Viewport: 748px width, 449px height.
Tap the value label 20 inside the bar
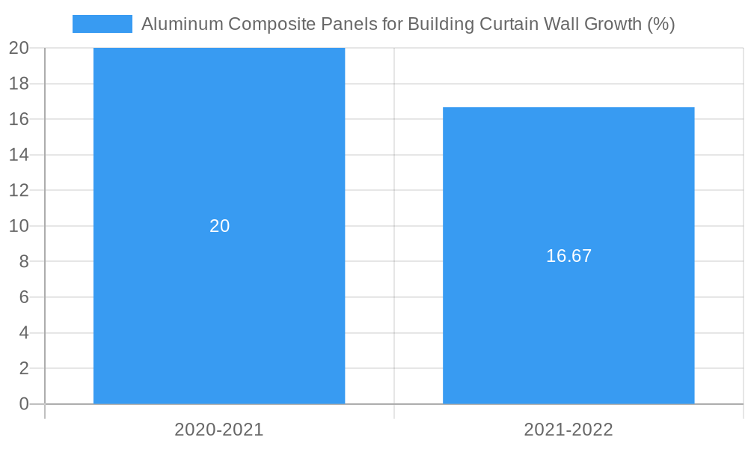point(219,226)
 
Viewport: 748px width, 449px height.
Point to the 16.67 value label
point(568,256)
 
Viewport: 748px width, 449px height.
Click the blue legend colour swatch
point(102,24)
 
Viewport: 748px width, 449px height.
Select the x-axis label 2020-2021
point(219,430)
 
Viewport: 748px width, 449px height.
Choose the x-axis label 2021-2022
point(568,430)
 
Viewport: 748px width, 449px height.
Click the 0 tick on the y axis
point(24,404)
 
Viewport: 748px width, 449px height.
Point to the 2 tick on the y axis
point(24,368)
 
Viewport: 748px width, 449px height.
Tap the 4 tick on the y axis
point(24,333)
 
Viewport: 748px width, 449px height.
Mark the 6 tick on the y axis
point(24,297)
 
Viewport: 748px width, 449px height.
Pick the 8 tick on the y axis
point(24,262)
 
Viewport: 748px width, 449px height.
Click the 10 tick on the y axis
point(19,226)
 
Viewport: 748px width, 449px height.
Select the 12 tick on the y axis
point(19,190)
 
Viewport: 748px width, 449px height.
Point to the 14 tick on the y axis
point(19,155)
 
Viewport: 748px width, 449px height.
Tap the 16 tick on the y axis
point(19,119)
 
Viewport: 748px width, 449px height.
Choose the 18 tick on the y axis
point(19,84)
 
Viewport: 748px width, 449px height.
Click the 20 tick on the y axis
point(19,48)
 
